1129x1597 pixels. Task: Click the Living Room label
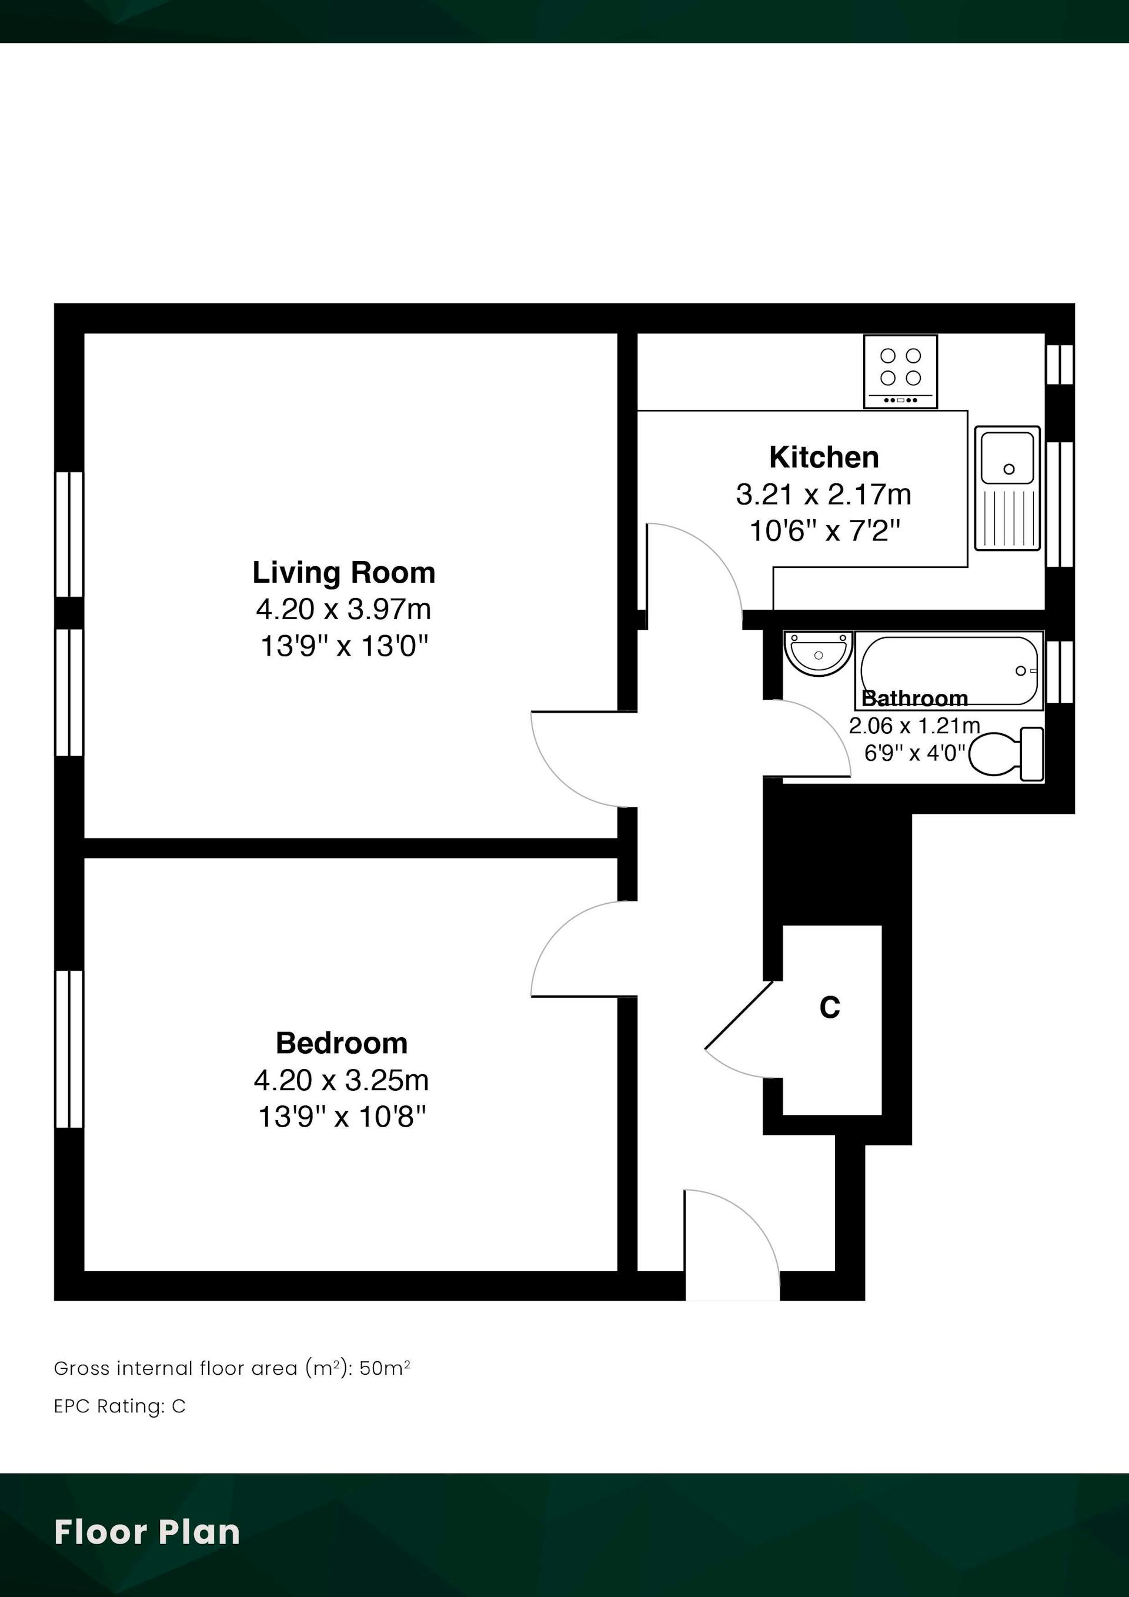click(x=343, y=573)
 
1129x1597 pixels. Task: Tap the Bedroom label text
click(x=342, y=1043)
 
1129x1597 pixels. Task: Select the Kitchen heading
click(x=824, y=457)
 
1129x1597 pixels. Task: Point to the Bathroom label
click(x=915, y=697)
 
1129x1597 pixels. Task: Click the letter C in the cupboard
click(x=830, y=1007)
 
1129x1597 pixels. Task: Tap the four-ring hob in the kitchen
click(x=900, y=372)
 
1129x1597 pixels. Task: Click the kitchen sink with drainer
click(x=1007, y=488)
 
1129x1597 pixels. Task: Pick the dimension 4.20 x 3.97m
click(x=343, y=609)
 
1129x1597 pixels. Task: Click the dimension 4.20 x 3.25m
click(x=342, y=1080)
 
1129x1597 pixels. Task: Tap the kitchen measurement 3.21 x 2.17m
click(x=824, y=495)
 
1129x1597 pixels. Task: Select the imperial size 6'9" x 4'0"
click(x=916, y=753)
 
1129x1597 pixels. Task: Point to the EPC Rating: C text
click(x=119, y=1406)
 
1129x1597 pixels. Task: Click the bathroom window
click(x=1060, y=672)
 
